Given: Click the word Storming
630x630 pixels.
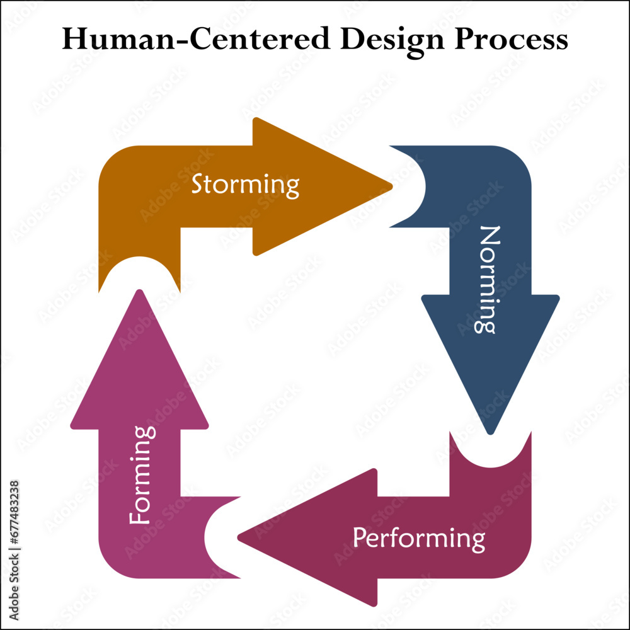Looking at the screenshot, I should [x=245, y=185].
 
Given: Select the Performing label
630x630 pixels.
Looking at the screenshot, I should [x=419, y=539].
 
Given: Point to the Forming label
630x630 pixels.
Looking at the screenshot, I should [x=142, y=475].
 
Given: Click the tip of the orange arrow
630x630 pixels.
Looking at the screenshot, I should [x=391, y=186].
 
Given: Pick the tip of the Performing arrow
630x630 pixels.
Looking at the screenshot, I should [x=239, y=537].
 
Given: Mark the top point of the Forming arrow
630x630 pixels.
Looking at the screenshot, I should [x=140, y=291].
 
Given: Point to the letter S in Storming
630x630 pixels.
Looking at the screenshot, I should [x=197, y=185].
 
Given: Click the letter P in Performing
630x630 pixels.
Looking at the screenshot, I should [x=359, y=539].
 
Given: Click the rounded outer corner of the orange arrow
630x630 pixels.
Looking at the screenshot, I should [x=110, y=157].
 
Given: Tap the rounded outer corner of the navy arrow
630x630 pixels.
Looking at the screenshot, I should [x=520, y=157].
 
